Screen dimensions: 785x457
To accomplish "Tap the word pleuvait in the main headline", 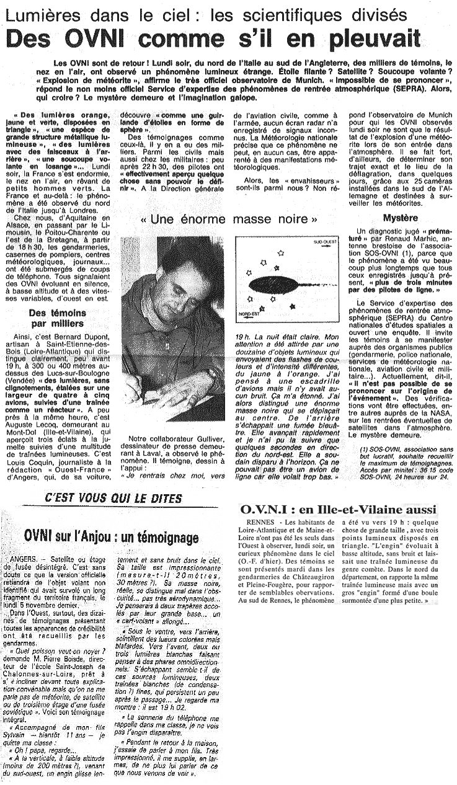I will click(x=368, y=40).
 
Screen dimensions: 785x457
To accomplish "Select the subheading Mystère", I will click(x=400, y=218).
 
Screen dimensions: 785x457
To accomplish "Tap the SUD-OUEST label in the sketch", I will click(x=321, y=243).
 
